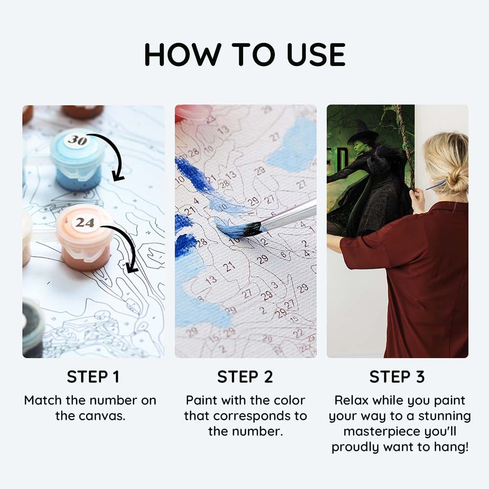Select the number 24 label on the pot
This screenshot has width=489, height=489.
pyautogui.click(x=85, y=223)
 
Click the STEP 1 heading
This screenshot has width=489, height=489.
pyautogui.click(x=93, y=377)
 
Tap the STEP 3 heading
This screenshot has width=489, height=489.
pyautogui.click(x=397, y=377)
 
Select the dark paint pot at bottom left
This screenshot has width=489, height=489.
pyautogui.click(x=32, y=328)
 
